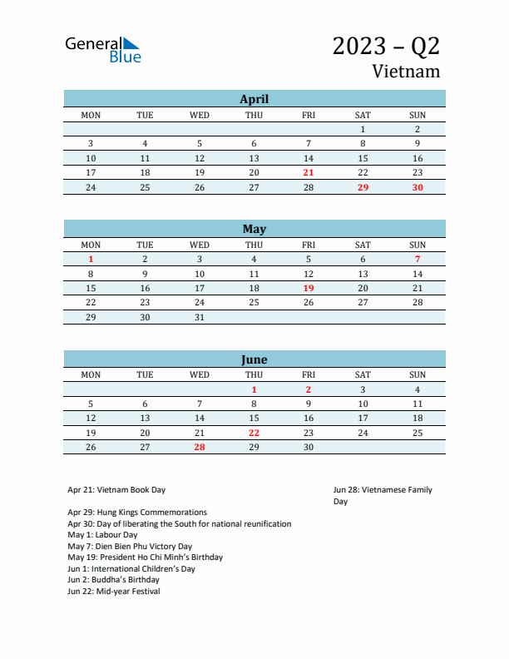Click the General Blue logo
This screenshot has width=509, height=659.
pyautogui.click(x=103, y=50)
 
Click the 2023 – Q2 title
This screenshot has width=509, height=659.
pyautogui.click(x=386, y=46)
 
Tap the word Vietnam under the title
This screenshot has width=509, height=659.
pyautogui.click(x=406, y=72)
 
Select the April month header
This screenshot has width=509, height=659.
pyautogui.click(x=254, y=99)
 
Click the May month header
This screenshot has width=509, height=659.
pyautogui.click(x=254, y=229)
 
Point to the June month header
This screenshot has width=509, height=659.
pyautogui.click(x=254, y=359)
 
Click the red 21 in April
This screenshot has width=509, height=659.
pyautogui.click(x=309, y=172)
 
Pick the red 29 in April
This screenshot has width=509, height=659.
pyautogui.click(x=363, y=187)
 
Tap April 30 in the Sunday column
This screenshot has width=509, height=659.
pyautogui.click(x=418, y=187)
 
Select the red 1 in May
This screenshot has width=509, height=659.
pyautogui.click(x=91, y=259)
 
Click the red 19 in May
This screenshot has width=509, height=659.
pyautogui.click(x=309, y=288)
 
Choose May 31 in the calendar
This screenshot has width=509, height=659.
pyautogui.click(x=200, y=317)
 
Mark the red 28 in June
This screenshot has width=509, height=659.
pyautogui.click(x=200, y=447)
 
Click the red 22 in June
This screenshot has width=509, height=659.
pyautogui.click(x=254, y=433)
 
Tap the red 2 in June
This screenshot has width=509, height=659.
pyautogui.click(x=309, y=389)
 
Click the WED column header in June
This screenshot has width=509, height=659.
pyautogui.click(x=200, y=374)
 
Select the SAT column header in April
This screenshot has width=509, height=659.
pyautogui.click(x=363, y=114)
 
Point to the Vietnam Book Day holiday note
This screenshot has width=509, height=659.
pyautogui.click(x=116, y=490)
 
